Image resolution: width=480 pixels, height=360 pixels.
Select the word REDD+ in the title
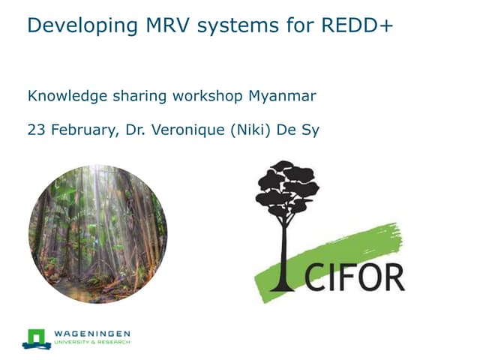(357, 26)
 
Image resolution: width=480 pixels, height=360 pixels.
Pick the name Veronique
(191, 130)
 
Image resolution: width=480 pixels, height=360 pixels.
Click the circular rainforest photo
(97, 233)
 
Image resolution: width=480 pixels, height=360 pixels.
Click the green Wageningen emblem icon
(36, 337)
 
